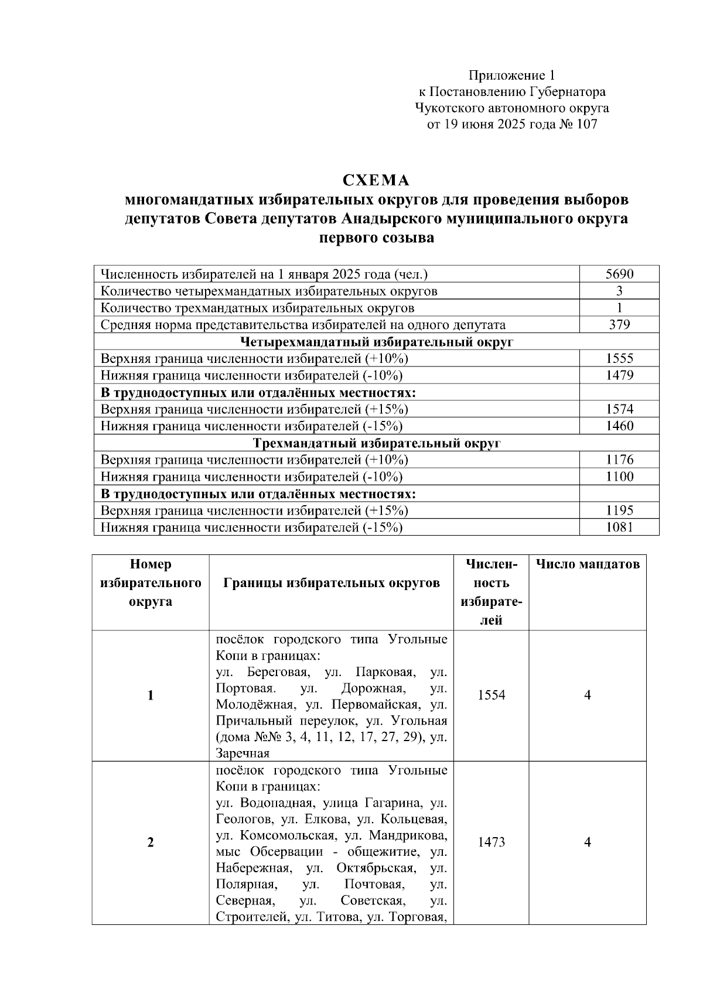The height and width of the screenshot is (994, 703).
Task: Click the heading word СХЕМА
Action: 376,180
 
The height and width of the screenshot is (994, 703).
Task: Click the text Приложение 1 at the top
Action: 511,76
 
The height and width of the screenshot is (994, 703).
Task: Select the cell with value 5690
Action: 619,274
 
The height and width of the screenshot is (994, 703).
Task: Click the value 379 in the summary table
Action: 619,325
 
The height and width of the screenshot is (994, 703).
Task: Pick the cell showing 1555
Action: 619,359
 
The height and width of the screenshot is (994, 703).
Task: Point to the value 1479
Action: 619,375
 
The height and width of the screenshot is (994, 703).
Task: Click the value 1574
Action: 619,409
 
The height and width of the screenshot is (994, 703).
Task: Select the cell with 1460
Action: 619,426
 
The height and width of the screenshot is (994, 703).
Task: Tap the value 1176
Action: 619,460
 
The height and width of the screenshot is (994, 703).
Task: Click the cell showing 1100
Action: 619,477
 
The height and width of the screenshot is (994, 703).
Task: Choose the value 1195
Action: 619,510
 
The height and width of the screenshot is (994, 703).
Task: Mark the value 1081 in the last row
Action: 619,527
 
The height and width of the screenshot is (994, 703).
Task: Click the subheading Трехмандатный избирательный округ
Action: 376,443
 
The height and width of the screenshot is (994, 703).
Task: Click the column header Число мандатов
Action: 588,564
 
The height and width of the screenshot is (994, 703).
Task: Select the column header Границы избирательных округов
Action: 332,583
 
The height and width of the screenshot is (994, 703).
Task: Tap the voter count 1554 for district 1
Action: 492,695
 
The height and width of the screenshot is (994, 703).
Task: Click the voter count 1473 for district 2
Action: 492,842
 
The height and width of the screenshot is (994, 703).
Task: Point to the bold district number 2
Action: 151,842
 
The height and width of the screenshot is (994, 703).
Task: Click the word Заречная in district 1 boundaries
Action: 243,753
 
